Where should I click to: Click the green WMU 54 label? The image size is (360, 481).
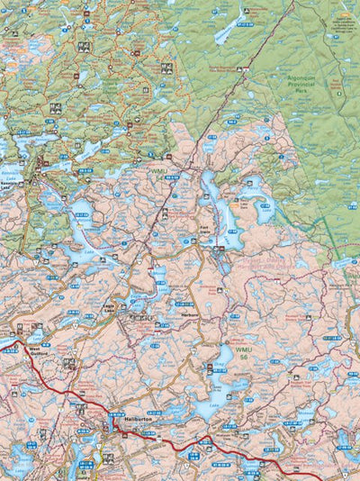click(x=160, y=170)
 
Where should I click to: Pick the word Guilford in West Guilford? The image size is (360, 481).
click(x=39, y=354)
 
